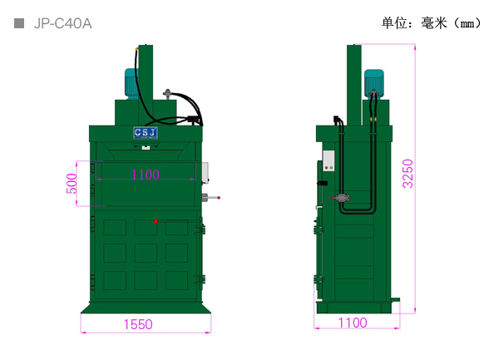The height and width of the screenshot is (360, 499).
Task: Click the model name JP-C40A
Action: click(62, 23)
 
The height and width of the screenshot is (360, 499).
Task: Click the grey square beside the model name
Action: click(19, 23)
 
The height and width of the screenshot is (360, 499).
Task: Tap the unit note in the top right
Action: click(432, 23)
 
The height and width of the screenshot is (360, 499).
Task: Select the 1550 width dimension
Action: click(138, 324)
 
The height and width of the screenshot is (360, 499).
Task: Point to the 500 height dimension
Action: click(72, 184)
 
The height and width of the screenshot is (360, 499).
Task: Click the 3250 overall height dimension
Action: click(408, 174)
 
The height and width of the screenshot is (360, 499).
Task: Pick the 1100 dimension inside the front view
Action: click(145, 175)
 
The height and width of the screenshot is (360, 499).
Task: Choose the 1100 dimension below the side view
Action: click(353, 323)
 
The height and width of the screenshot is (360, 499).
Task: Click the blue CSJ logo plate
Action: click(146, 133)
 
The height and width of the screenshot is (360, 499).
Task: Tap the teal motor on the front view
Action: click(131, 83)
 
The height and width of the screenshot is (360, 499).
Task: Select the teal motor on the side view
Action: click(374, 82)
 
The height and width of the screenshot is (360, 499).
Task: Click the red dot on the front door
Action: click(156, 221)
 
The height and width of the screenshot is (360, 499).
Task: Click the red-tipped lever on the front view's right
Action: click(210, 198)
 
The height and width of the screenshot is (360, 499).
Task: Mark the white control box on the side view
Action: click(329, 161)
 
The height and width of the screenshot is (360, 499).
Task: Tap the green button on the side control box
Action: click(331, 168)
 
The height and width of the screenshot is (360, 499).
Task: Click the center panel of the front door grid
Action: click(146, 253)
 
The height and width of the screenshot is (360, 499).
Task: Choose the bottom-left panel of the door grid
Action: click(115, 280)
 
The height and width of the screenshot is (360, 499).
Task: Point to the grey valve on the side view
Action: click(342, 198)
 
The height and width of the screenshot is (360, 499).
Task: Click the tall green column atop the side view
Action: click(354, 85)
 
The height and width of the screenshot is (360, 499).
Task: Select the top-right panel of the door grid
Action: click(176, 227)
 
